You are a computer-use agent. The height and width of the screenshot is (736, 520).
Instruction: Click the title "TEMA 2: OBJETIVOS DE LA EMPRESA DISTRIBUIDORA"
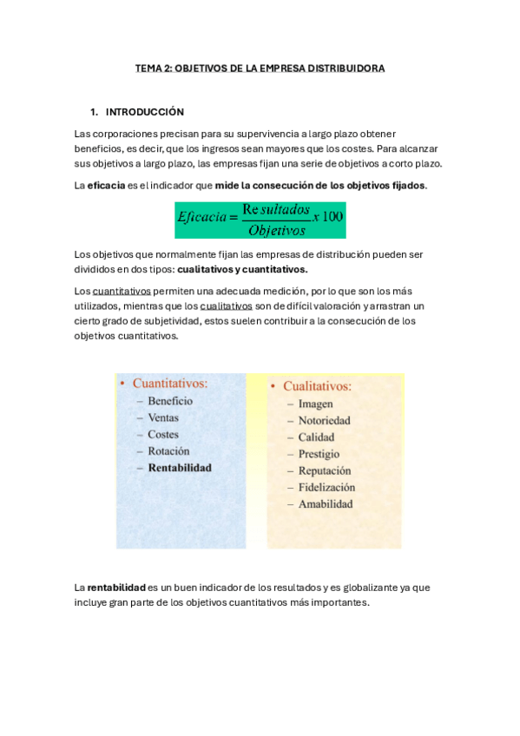(x=260, y=68)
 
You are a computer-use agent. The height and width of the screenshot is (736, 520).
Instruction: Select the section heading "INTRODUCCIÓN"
(x=144, y=112)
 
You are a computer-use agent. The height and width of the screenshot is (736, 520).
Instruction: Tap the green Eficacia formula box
(x=260, y=220)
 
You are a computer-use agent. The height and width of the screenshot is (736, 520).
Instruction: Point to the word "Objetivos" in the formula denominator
(x=276, y=230)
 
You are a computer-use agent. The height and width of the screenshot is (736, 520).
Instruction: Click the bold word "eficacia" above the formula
(x=106, y=186)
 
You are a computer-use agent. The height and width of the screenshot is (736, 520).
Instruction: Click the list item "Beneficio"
(x=170, y=401)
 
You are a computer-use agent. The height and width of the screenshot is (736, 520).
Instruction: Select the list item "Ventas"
(x=163, y=417)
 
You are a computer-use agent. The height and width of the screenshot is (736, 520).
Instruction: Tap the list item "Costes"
(x=163, y=434)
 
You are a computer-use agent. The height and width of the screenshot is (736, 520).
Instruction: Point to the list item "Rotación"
(x=168, y=450)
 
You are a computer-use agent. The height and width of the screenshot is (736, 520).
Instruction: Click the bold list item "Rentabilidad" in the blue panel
(x=180, y=467)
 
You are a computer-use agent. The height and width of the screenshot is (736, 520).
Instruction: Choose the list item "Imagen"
(x=315, y=404)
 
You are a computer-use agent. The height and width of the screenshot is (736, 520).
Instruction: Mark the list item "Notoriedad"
(x=324, y=420)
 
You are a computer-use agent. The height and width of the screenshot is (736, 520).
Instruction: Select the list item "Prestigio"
(x=319, y=454)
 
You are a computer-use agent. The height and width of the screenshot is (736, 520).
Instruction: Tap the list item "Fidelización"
(x=326, y=487)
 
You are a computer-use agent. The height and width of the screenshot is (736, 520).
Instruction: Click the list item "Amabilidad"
(x=326, y=503)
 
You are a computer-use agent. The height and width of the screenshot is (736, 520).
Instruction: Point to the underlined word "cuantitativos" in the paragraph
(x=122, y=291)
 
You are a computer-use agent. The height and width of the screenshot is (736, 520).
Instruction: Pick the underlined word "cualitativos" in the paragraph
(x=226, y=306)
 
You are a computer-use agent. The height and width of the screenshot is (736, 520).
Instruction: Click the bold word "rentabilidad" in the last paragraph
(x=116, y=588)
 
